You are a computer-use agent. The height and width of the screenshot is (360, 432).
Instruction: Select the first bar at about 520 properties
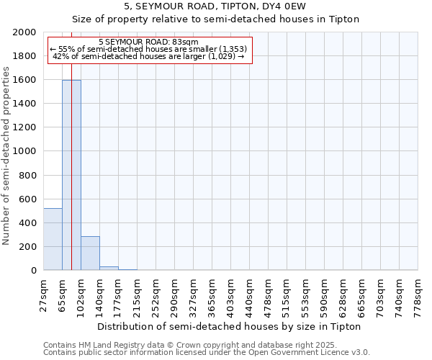(x=53, y=239)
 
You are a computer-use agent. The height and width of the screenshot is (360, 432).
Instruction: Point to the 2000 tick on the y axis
(x=25, y=32)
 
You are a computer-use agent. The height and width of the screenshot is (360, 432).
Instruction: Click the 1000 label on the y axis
(x=25, y=151)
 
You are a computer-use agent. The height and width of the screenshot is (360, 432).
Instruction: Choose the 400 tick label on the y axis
(x=28, y=223)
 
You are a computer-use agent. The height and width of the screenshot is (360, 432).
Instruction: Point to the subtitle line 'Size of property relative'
(x=215, y=19)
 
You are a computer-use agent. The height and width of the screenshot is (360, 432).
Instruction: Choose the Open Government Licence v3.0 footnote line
(x=207, y=353)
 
